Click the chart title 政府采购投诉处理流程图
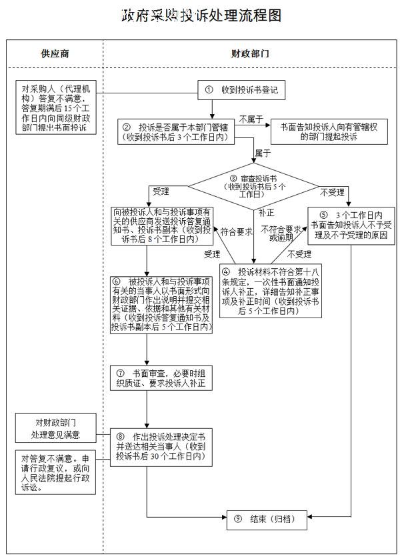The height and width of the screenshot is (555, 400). tap(201, 15)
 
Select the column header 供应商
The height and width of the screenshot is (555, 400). tap(55, 54)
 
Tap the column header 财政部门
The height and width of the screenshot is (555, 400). tap(250, 54)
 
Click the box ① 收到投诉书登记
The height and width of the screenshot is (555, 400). tap(241, 90)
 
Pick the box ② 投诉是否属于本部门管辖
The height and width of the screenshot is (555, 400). tap(176, 131)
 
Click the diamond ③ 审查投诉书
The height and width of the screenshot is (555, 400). tap(253, 186)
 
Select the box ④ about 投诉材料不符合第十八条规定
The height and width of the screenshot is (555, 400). tap(271, 291)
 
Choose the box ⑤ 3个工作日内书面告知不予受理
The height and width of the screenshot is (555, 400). tap(351, 226)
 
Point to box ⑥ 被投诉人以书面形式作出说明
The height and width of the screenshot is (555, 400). tap(161, 305)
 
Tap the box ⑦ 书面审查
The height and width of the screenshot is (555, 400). tap(161, 378)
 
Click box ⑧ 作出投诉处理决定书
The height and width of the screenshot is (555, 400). tap(161, 448)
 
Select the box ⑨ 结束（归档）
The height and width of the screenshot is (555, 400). tap(267, 520)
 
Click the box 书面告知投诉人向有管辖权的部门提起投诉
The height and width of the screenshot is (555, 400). tap(329, 131)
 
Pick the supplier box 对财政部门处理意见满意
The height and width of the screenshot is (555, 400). tap(55, 428)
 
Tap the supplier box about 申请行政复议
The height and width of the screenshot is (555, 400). tap(55, 472)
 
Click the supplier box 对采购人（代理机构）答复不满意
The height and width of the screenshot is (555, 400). tap(56, 107)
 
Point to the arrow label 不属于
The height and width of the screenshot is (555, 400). tap(251, 119)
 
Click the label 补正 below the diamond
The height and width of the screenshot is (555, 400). tap(266, 213)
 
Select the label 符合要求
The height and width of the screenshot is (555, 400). tap(236, 232)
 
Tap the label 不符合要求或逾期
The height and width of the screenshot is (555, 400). tap(281, 233)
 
